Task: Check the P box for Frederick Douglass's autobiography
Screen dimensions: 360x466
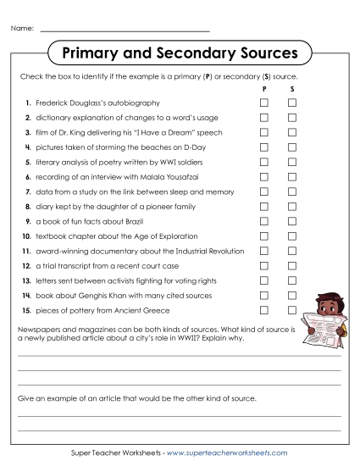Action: tap(264, 103)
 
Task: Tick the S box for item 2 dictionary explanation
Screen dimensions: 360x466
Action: tap(292, 117)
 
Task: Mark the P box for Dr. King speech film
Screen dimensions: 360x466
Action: tap(264, 132)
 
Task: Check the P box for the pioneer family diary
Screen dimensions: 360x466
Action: tap(264, 206)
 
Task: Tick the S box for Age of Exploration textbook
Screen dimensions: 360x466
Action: tap(292, 236)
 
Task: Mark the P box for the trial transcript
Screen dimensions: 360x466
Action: tap(264, 265)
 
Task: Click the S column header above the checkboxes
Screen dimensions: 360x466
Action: tap(292, 88)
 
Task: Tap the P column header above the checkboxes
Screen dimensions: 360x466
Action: tap(264, 88)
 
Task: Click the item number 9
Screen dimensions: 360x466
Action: tap(28, 221)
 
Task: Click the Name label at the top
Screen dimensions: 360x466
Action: tap(22, 29)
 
